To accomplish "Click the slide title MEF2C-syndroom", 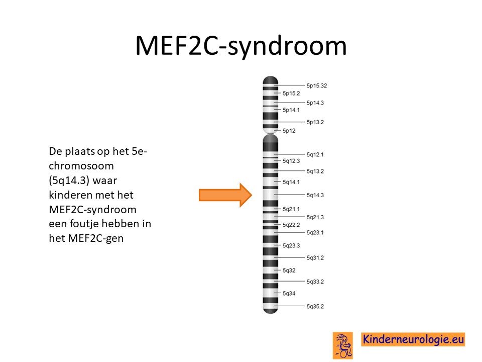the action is point(241,46).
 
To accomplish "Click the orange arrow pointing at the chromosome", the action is point(225,195).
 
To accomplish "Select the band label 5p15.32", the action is point(317,85).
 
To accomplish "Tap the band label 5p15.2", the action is point(291,94).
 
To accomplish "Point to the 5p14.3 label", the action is point(315,103).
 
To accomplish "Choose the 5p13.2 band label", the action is point(315,122).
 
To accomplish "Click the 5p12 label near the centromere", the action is point(289,131).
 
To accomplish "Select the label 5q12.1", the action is point(315,154).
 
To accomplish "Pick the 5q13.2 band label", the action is point(315,171).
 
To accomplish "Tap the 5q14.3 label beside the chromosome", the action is point(315,195).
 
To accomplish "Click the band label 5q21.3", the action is point(315,217).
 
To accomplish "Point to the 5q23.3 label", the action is point(291,246).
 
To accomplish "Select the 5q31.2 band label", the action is point(315,258).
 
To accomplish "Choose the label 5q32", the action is point(289,270).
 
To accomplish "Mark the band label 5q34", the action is point(289,294).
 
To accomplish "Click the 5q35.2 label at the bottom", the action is point(315,307).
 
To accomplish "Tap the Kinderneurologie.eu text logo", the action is point(413,339).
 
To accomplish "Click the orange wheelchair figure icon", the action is point(343,345).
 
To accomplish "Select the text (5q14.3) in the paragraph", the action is point(69,180).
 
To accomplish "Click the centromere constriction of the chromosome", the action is point(271,134).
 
